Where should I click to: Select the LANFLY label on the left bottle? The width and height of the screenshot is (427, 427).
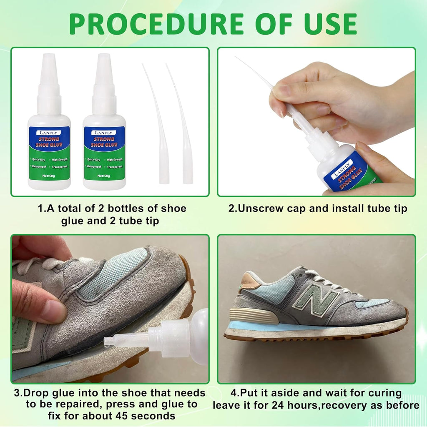tap(49, 133)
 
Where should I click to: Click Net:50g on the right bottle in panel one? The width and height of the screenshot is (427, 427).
tap(105, 176)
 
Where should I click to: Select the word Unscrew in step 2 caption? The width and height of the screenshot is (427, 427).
tap(257, 208)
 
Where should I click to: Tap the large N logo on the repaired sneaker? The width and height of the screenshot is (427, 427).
tap(315, 296)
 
